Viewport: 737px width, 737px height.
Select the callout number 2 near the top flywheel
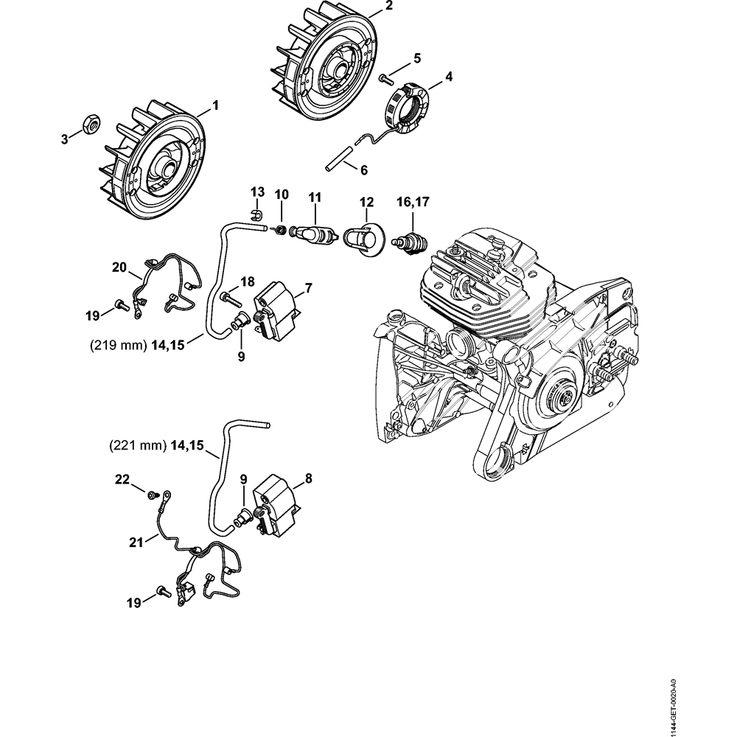click(388, 7)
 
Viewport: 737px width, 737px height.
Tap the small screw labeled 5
click(384, 77)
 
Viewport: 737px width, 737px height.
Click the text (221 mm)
click(137, 445)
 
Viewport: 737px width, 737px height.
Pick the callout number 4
click(449, 77)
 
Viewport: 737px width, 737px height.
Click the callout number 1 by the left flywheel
click(215, 105)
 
